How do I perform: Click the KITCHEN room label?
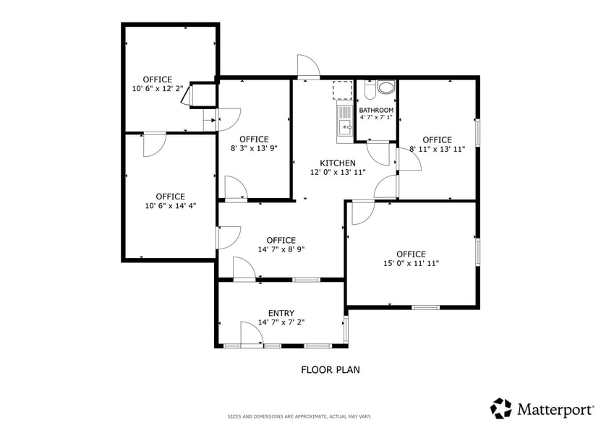click(x=338, y=163)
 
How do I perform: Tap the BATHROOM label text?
click(x=376, y=110)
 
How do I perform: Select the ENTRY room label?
click(x=281, y=313)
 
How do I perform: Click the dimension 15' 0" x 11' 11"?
click(x=411, y=264)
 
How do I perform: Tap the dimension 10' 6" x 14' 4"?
click(x=170, y=206)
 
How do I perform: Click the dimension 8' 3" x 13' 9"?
click(x=254, y=149)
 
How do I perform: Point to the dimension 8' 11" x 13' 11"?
click(x=437, y=150)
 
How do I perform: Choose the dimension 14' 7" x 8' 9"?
click(x=281, y=250)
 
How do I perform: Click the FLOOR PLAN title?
click(x=330, y=370)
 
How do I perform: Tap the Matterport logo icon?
click(x=501, y=408)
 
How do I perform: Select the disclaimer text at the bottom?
click(x=299, y=416)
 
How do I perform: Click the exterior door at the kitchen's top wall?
click(x=308, y=67)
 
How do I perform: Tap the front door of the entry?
click(x=251, y=336)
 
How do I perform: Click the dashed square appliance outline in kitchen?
click(x=342, y=90)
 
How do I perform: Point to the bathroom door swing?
click(x=379, y=153)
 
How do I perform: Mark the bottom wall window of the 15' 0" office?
click(x=425, y=308)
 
